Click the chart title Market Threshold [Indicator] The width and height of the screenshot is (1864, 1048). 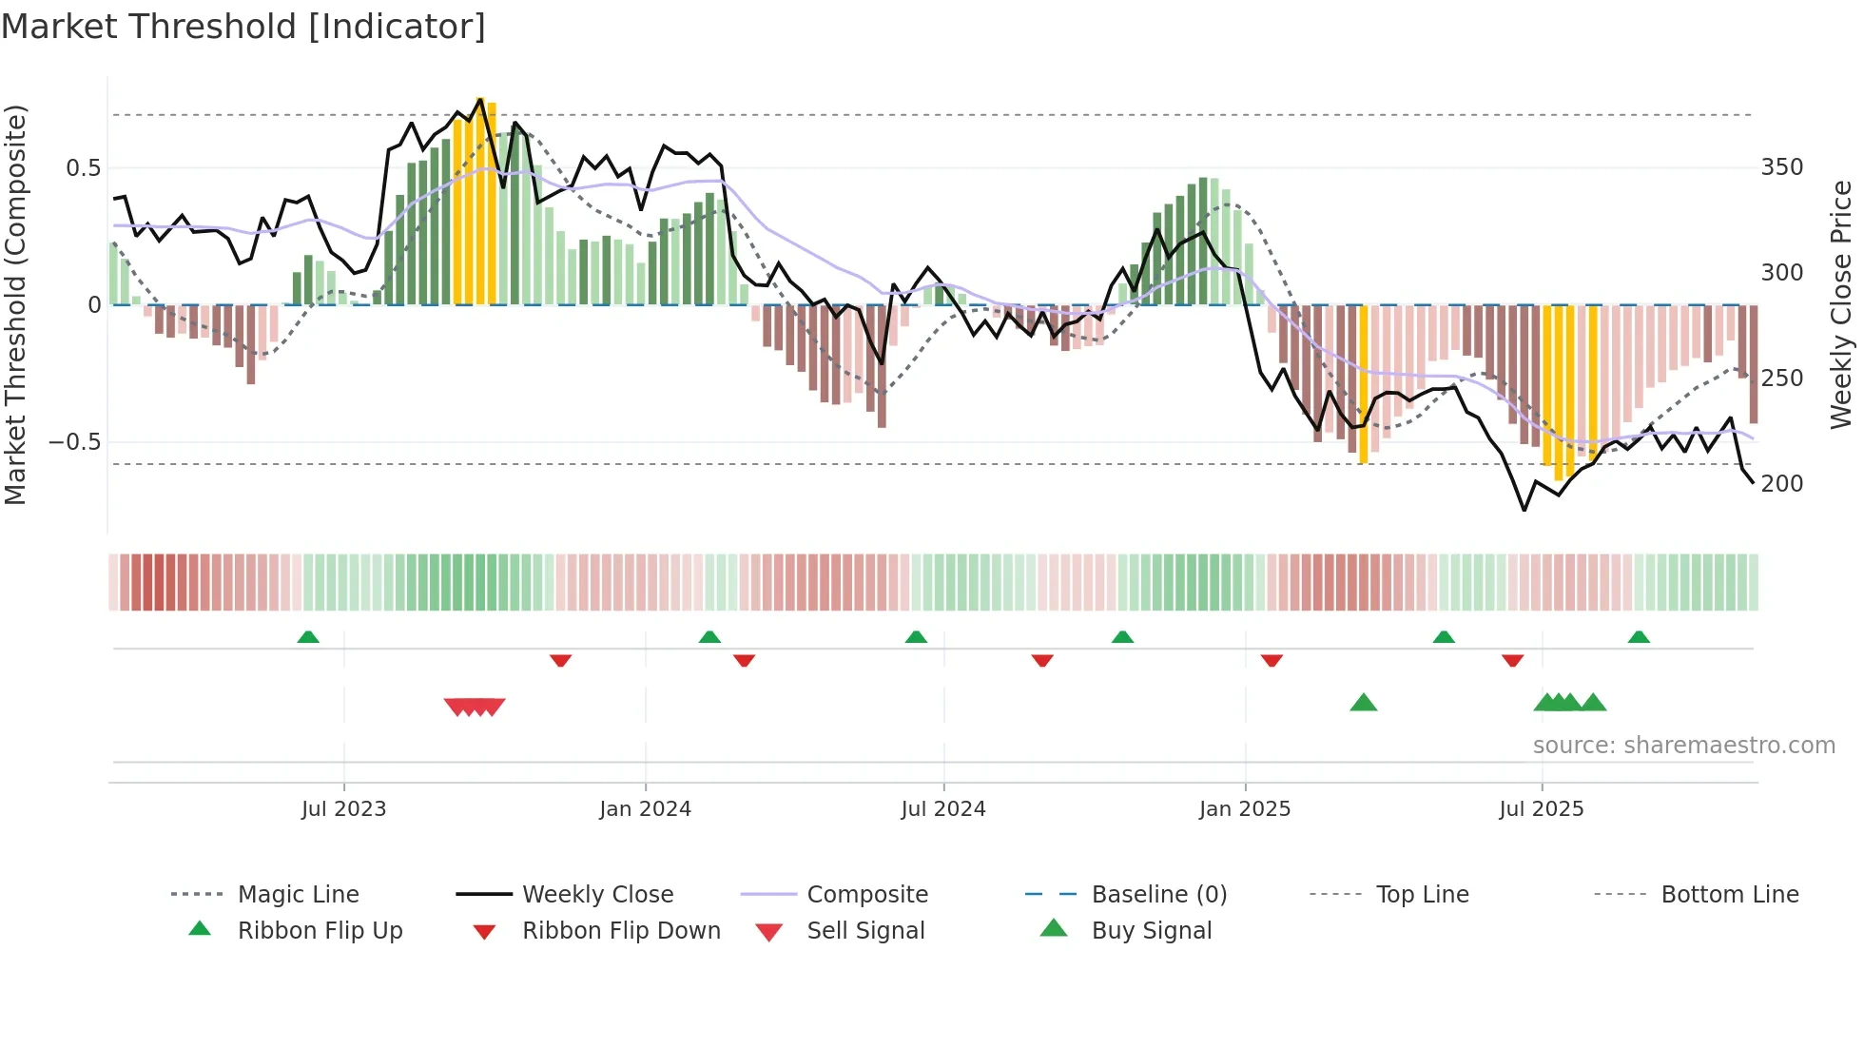tap(243, 27)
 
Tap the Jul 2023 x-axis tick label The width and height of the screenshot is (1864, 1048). tap(343, 809)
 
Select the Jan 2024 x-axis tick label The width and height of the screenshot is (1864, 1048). tap(645, 809)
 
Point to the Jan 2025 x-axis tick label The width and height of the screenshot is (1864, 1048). tap(1244, 809)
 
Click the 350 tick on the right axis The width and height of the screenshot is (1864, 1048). tap(1781, 167)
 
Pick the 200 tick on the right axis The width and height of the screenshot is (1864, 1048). tap(1781, 484)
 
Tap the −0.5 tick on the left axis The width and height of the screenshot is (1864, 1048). tap(74, 442)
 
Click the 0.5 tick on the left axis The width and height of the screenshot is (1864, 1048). tap(83, 168)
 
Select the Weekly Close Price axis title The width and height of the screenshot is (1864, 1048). tap(1841, 304)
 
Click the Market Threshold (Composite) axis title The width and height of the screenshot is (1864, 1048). tap(15, 304)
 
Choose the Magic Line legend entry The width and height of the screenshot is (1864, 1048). tap(298, 895)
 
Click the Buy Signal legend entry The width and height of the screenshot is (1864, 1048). tap(1151, 931)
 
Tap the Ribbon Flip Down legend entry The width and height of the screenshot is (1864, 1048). tap(620, 931)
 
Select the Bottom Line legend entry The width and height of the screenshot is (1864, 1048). tap(1729, 895)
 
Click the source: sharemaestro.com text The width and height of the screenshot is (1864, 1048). tap(1683, 746)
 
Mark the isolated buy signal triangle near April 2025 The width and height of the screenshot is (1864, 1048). tap(1363, 703)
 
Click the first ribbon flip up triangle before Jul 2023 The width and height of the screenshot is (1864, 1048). tap(308, 637)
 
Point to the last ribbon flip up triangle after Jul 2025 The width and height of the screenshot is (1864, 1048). tap(1638, 637)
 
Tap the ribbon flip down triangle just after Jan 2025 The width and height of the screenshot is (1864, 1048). tap(1272, 660)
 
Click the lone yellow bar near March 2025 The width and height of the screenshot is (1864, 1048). tap(1363, 384)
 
